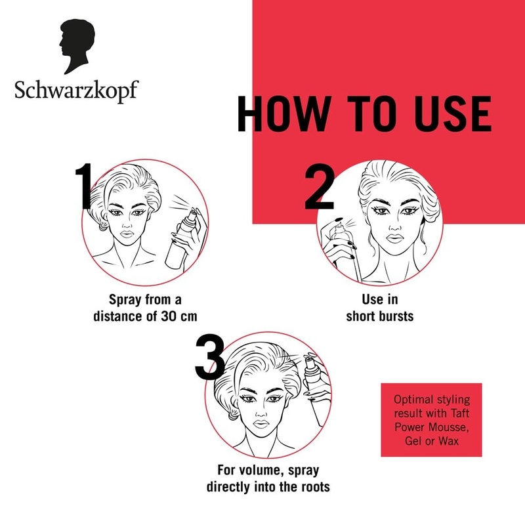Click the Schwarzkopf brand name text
76,90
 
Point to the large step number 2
320,188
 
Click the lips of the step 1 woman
134,234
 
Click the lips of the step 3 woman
262,423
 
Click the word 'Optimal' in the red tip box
413,400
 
